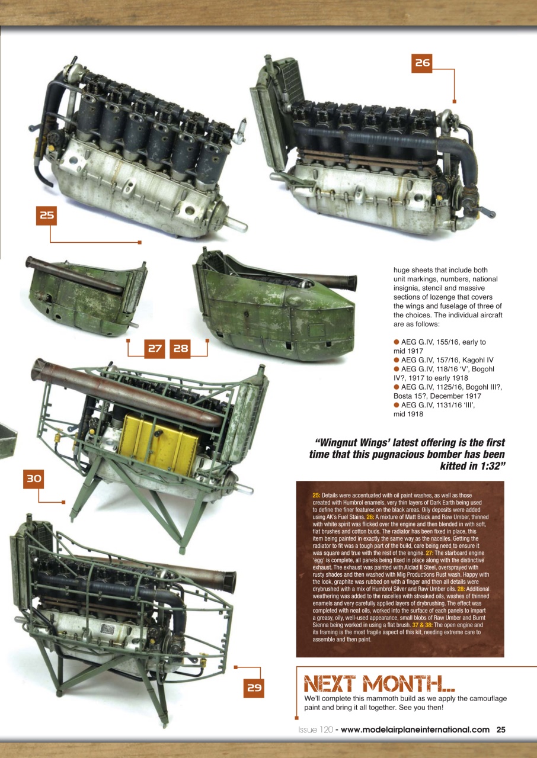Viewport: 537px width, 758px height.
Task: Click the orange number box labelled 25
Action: click(47, 216)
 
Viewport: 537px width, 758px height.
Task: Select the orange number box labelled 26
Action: click(421, 63)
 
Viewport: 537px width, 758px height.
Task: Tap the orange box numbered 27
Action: click(155, 349)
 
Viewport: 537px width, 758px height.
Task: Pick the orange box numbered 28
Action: click(181, 349)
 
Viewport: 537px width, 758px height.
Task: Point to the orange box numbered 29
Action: click(254, 688)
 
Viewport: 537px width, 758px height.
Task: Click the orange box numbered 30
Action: click(34, 479)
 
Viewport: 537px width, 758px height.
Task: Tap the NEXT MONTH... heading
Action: click(379, 684)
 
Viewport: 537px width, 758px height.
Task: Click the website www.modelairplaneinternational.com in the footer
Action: click(415, 730)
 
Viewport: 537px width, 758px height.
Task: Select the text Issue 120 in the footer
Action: click(315, 730)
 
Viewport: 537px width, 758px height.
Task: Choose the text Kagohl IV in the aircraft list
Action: click(474, 359)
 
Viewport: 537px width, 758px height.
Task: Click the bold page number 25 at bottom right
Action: click(501, 730)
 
